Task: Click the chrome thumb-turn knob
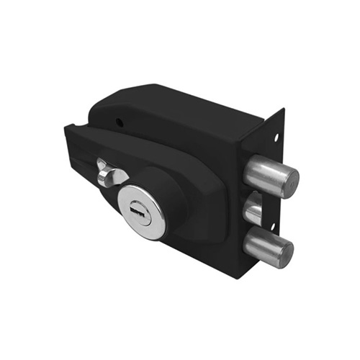pos(106,175)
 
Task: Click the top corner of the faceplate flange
pos(283,110)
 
